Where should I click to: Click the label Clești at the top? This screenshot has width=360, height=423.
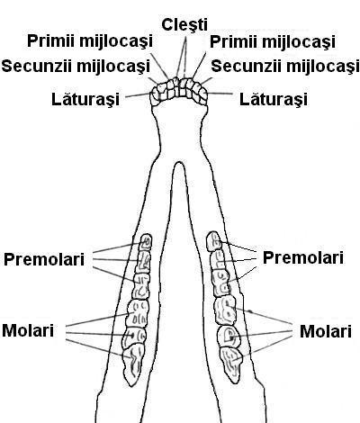pos(184,24)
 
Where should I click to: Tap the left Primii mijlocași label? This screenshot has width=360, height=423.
pos(90,41)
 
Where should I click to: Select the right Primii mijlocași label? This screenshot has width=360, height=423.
pos(273,41)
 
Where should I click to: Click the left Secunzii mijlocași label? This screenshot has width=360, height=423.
pos(76,66)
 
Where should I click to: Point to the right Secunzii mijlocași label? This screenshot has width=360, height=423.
pos(285,66)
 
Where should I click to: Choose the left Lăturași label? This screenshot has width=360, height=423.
pos(85,99)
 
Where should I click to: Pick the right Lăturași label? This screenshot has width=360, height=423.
pos(274,99)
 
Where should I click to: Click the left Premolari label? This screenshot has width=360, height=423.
pos(44,259)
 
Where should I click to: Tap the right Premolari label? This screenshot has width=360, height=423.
pos(303,257)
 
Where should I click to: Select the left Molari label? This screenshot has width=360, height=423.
pos(28,330)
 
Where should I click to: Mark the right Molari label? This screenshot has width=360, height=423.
pos(326,331)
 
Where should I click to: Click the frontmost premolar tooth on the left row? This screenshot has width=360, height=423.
pos(147,242)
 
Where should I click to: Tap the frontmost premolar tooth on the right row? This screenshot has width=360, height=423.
pos(213,241)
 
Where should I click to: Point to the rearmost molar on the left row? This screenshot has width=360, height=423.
pos(132,364)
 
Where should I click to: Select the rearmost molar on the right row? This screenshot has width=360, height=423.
pos(231,364)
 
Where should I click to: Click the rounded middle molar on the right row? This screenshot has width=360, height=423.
pos(228,336)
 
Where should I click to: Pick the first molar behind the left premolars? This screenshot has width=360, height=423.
pos(138,313)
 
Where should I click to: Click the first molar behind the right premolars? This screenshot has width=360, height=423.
pos(224,310)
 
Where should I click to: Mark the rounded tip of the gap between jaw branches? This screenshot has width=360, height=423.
pos(179,163)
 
